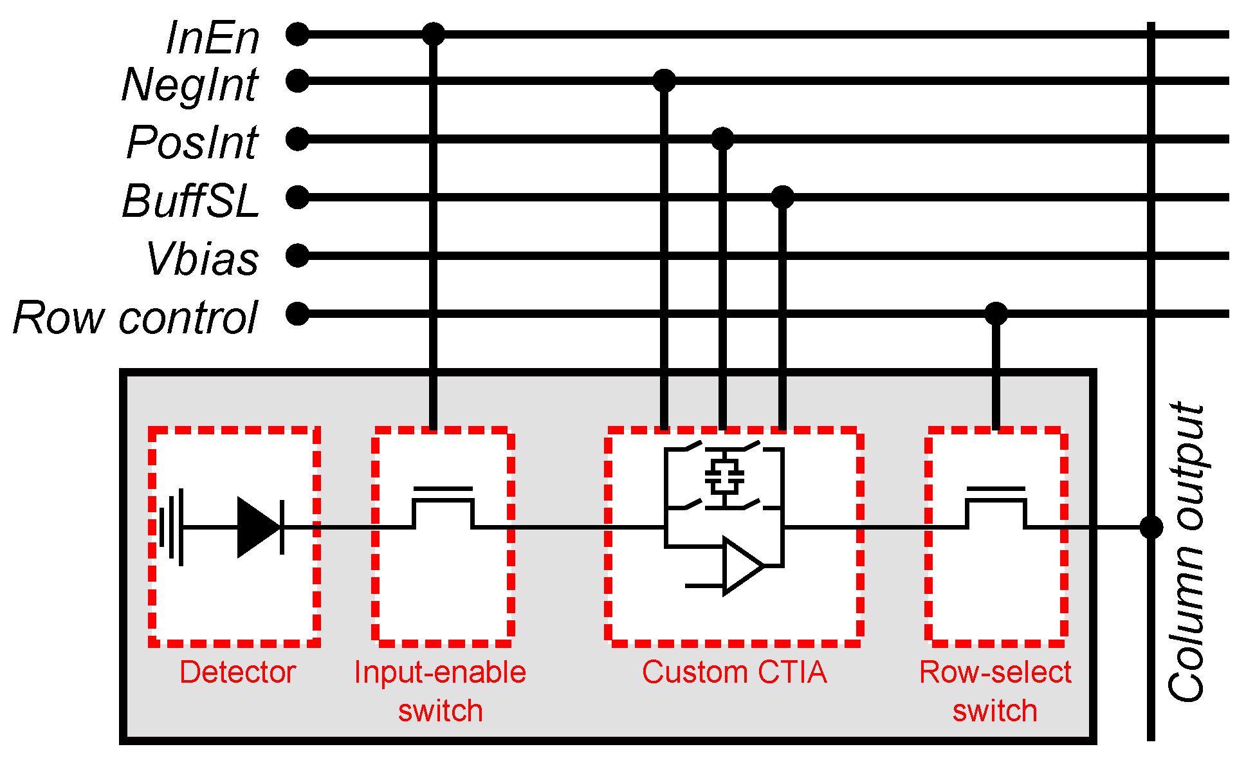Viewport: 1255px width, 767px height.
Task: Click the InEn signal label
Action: pyautogui.click(x=212, y=38)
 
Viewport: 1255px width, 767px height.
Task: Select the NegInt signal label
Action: pyautogui.click(x=190, y=85)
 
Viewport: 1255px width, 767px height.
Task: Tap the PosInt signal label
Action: pyautogui.click(x=192, y=143)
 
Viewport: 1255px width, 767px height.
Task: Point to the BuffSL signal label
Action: pyautogui.click(x=190, y=201)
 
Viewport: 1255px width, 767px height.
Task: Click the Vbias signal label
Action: pyautogui.click(x=203, y=259)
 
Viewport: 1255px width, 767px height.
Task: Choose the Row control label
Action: pyautogui.click(x=135, y=318)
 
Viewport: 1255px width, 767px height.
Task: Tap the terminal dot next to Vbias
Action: pyautogui.click(x=297, y=255)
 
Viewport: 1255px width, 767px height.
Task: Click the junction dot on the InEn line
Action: pyautogui.click(x=433, y=33)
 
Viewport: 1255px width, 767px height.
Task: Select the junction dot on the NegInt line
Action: pyautogui.click(x=664, y=80)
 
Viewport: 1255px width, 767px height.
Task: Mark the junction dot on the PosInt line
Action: pyautogui.click(x=722, y=138)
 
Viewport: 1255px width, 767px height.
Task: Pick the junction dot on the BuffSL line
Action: pyautogui.click(x=782, y=197)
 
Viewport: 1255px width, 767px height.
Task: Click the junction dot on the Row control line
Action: pyautogui.click(x=996, y=314)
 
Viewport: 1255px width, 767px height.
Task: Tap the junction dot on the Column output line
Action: pyautogui.click(x=1151, y=527)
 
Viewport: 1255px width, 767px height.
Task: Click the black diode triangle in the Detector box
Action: pyautogui.click(x=257, y=527)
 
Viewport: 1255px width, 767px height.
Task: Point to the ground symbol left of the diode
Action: pyautogui.click(x=172, y=527)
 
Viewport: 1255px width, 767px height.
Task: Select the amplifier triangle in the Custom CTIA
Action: pyautogui.click(x=742, y=566)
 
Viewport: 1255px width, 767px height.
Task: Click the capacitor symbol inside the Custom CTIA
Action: pyautogui.click(x=724, y=477)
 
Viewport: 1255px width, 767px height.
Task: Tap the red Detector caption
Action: pyautogui.click(x=237, y=672)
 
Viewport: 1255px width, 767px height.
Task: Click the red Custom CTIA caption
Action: pyautogui.click(x=734, y=672)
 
